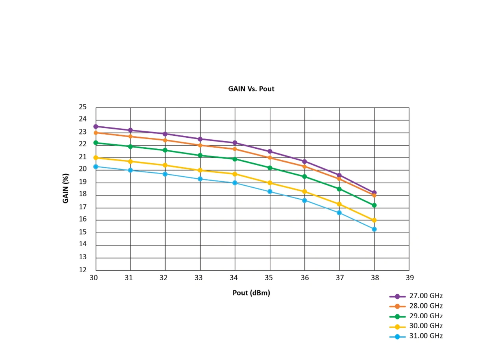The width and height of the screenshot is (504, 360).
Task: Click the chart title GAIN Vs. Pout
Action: click(251, 89)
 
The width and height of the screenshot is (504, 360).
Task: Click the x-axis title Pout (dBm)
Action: click(251, 293)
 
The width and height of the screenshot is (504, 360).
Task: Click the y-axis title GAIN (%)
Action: click(66, 188)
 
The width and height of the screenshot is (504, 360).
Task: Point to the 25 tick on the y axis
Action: click(83, 107)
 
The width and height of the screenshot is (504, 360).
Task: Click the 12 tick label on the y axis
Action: click(83, 270)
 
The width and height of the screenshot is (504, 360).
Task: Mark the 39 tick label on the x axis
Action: click(409, 278)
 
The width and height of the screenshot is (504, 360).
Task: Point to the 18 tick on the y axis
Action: click(83, 195)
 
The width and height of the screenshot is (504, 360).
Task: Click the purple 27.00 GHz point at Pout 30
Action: click(96, 126)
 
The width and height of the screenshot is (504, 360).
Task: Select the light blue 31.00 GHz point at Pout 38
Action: click(374, 229)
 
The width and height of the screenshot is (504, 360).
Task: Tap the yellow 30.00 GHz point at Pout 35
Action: click(270, 183)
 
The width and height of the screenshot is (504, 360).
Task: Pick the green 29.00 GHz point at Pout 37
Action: click(339, 189)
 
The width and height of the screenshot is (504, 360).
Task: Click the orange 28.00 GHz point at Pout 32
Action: click(165, 140)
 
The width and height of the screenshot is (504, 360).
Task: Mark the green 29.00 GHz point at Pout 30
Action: click(96, 143)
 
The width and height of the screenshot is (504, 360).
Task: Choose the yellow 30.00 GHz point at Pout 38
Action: click(374, 220)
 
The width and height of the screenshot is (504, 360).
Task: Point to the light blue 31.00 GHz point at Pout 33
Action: click(200, 179)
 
